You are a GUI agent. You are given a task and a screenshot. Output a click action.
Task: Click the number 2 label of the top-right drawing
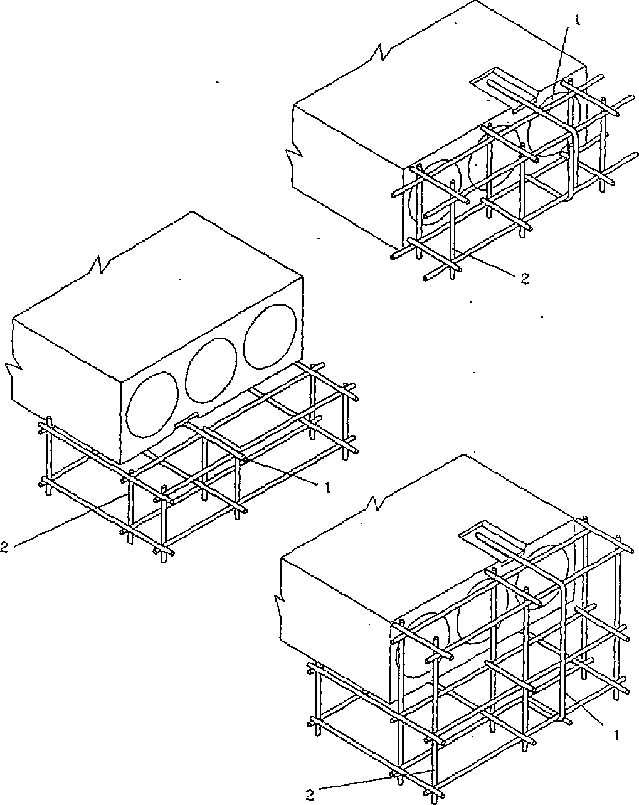tap(524, 279)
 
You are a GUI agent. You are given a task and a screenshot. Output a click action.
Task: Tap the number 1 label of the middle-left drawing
tap(327, 486)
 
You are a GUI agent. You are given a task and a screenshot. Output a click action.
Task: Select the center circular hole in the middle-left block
tap(211, 374)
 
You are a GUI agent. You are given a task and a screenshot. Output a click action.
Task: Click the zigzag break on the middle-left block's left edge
tap(13, 373)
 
